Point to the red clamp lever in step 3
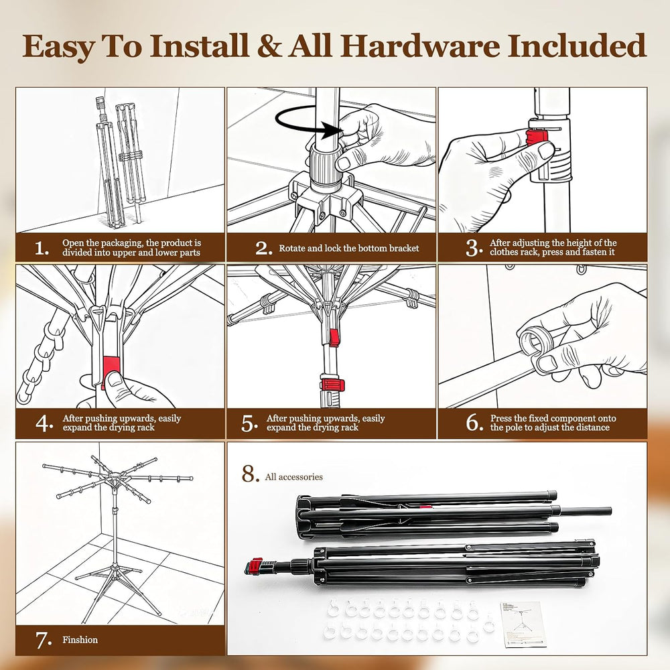point(537,138)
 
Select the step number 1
point(42,249)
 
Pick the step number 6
point(474,423)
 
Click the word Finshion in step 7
point(80,640)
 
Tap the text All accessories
point(293,477)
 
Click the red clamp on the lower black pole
point(255,566)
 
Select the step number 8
point(251,474)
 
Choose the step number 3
point(474,247)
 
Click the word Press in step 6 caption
point(501,418)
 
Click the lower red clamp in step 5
point(332,385)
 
